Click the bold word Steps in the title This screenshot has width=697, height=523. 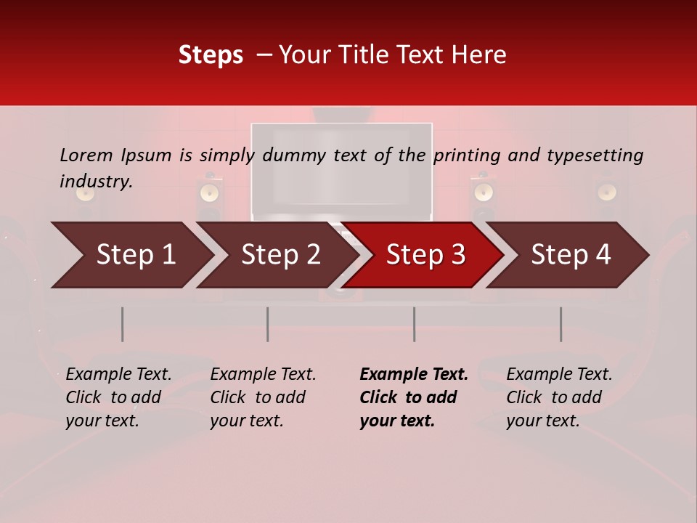pyautogui.click(x=211, y=55)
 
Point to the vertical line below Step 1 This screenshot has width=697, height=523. pyautogui.click(x=122, y=324)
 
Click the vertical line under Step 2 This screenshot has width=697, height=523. pyautogui.click(x=267, y=324)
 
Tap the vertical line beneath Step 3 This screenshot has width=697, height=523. pyautogui.click(x=414, y=324)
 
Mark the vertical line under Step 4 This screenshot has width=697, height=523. pyautogui.click(x=561, y=324)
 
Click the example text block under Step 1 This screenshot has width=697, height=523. pyautogui.click(x=118, y=397)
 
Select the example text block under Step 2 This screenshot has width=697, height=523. pyautogui.click(x=263, y=397)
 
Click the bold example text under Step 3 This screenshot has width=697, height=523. pyautogui.click(x=414, y=397)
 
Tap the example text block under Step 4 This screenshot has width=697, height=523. pyautogui.click(x=559, y=397)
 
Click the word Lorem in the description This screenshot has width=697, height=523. pyautogui.click(x=86, y=155)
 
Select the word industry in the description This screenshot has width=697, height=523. pyautogui.click(x=96, y=182)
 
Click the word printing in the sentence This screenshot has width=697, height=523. pyautogui.click(x=467, y=155)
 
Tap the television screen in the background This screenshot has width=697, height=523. pyautogui.click(x=341, y=171)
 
